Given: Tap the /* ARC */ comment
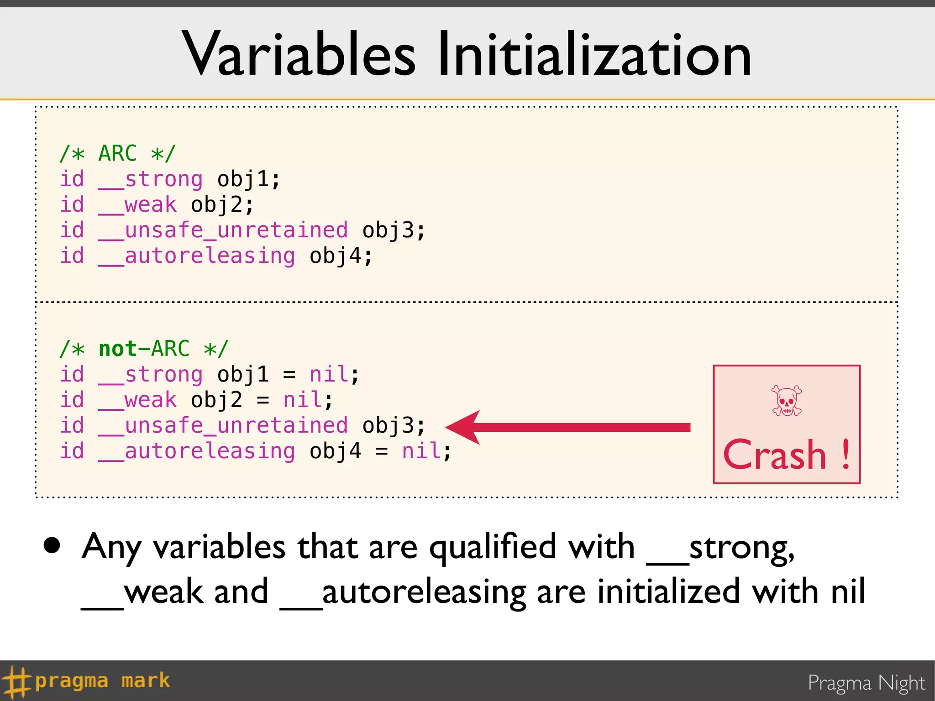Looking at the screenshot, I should (x=117, y=153).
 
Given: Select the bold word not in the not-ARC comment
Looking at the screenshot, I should (x=118, y=349).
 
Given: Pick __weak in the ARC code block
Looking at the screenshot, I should (x=137, y=204).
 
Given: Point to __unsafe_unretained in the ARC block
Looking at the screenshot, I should (x=223, y=230).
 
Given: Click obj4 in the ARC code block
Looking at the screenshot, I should (x=336, y=256).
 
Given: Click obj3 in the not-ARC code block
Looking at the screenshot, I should (x=388, y=425).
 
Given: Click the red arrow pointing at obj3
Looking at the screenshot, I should (x=566, y=427).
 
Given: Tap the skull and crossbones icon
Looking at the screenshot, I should (x=786, y=401).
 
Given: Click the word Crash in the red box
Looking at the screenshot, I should (x=775, y=455).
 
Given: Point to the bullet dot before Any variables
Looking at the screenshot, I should (x=52, y=545).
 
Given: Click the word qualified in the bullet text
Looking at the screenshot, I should (x=493, y=547).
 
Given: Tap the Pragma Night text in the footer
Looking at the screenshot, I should (x=866, y=683).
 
